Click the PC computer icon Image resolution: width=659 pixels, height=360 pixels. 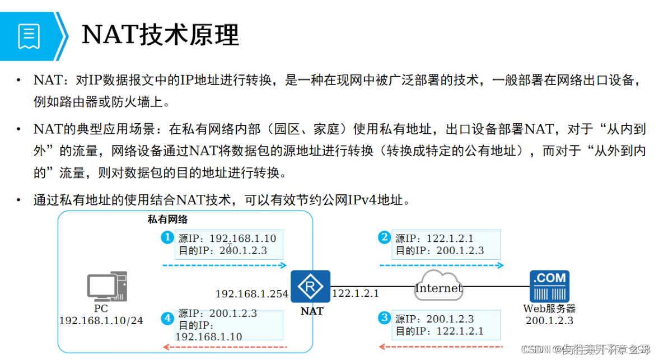point(107,286)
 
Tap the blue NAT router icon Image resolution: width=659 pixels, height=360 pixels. point(310,287)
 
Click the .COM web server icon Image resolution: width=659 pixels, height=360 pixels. point(549,286)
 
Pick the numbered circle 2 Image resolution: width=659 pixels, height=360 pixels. point(384,237)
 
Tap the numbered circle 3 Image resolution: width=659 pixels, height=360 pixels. point(384,318)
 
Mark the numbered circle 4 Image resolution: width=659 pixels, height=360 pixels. point(167,319)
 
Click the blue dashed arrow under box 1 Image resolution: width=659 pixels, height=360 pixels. point(224,265)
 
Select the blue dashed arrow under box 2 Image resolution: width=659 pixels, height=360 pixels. point(441,265)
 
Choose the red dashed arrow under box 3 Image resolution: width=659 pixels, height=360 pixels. point(441,347)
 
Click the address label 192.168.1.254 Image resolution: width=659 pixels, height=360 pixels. point(252,294)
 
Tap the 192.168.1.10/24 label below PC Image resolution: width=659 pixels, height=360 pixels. point(101,321)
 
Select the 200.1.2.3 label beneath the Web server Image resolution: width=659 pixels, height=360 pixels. point(549,321)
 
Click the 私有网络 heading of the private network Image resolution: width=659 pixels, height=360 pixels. point(167,220)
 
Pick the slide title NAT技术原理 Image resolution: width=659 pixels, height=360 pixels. point(161,35)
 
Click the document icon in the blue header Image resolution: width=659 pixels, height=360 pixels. point(29,36)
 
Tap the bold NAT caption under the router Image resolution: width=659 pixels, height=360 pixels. point(312,311)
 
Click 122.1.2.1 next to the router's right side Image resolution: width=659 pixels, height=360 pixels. point(356,293)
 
